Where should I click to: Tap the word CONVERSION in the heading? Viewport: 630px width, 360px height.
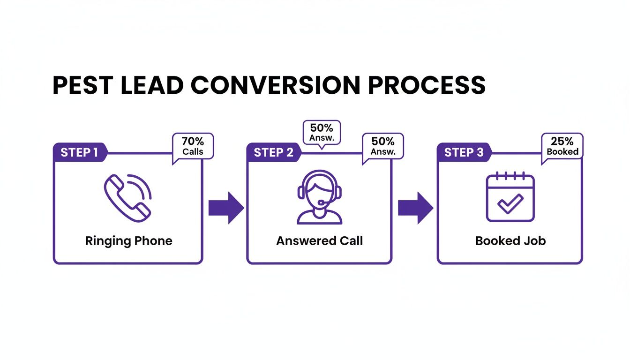tap(278, 85)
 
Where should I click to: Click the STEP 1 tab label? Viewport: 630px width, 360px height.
tap(79, 152)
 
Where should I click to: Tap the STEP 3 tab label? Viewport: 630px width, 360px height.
tap(463, 152)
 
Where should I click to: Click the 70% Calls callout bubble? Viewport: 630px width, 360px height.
tap(193, 146)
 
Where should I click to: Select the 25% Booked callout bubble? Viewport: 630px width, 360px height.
tap(562, 146)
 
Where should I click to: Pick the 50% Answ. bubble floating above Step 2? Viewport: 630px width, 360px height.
tap(321, 133)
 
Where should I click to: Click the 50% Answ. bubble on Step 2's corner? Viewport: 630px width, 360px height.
tap(383, 146)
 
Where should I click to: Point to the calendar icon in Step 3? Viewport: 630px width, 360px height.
tap(510, 197)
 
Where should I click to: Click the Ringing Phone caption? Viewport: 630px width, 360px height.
tap(129, 241)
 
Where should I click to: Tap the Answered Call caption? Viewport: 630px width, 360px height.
tap(319, 241)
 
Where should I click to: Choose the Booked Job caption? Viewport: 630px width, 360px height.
tap(510, 241)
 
